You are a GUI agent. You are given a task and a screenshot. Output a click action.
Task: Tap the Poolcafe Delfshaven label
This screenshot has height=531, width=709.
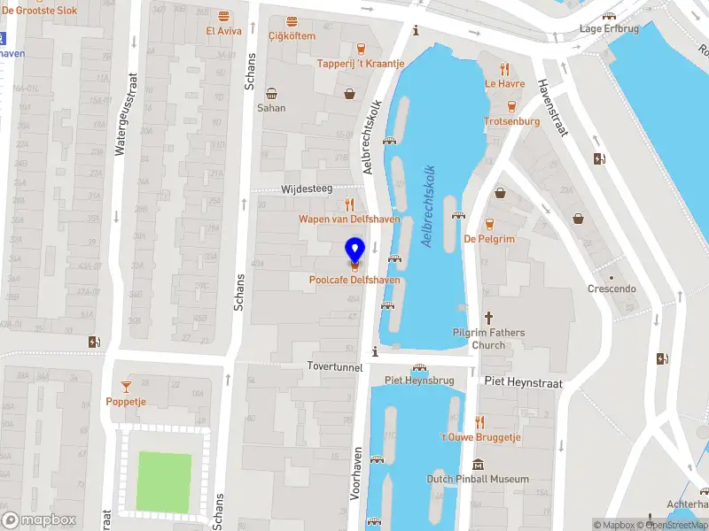[354, 280]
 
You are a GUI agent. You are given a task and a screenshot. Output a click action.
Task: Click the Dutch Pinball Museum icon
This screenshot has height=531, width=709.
[479, 465]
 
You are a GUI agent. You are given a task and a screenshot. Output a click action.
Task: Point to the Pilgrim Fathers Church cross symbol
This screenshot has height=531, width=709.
[488, 318]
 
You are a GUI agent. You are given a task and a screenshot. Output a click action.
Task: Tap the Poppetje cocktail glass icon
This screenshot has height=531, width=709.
[126, 386]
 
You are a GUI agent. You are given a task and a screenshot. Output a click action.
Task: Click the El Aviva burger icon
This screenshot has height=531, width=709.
[223, 17]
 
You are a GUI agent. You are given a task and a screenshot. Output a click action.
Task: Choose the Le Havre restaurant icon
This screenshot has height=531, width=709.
[504, 69]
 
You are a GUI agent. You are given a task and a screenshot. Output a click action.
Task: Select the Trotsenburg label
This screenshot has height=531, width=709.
[512, 121]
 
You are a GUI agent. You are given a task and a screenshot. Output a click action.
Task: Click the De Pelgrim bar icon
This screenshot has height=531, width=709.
[489, 224]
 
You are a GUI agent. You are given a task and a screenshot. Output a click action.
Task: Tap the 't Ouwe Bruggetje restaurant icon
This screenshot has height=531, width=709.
[479, 422]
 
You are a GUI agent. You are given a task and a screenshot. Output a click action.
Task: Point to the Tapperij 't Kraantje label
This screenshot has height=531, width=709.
[361, 64]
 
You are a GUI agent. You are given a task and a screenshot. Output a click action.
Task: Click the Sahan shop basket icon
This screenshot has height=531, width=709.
[271, 93]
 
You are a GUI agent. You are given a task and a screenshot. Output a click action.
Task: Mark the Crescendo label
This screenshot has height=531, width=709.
[612, 289]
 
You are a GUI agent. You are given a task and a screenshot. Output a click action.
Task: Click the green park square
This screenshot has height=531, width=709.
[164, 483]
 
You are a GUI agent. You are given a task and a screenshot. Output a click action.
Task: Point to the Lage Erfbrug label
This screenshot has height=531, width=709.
[609, 28]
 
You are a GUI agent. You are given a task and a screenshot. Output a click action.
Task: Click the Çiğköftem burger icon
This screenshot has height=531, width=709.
[292, 21]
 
